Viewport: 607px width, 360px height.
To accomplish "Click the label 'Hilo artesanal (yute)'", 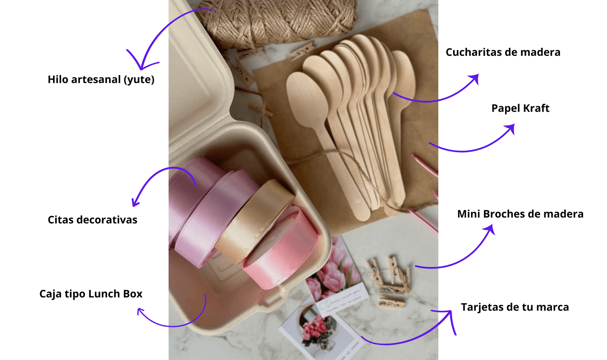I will (101, 79).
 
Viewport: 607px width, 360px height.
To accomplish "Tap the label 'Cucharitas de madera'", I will (503, 52).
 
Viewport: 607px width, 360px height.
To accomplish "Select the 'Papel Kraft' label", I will (520, 108).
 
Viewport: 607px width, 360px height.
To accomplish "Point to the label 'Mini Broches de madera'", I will (520, 214).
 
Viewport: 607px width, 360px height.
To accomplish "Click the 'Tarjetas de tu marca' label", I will (514, 307).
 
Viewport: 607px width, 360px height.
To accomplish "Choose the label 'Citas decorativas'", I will (92, 220).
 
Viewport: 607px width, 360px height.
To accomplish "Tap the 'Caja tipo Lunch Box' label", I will (91, 294).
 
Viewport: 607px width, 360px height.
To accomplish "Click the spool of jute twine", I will (279, 20).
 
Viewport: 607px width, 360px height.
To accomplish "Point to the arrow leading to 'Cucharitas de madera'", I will (437, 95).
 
